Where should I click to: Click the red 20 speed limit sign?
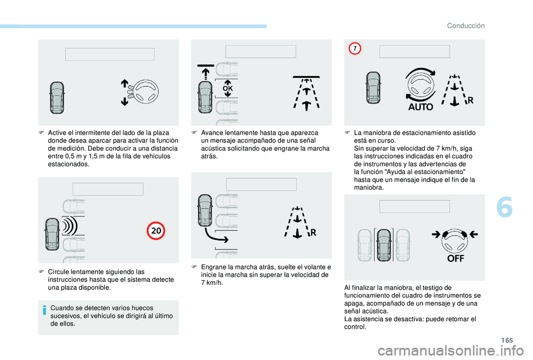pos(155,231)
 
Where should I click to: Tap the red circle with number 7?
pos(355,48)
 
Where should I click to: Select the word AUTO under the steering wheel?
pos(420,107)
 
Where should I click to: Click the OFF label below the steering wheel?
pos(455,258)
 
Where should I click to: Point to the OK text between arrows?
pos(228,88)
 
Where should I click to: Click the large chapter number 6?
pos(505,207)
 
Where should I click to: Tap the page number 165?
pos(507,340)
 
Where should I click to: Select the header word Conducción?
pos(466,26)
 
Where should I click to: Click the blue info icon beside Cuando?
pos(44,310)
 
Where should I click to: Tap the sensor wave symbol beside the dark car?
pos(70,226)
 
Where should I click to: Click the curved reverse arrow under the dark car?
pos(216,235)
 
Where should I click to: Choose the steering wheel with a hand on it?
pos(143,92)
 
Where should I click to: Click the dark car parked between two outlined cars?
pos(384,245)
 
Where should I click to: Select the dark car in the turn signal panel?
pos(57,98)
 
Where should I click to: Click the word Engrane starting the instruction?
pos(213,267)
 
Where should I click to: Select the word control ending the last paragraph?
pos(355,327)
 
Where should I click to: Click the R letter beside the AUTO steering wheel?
pos(470,100)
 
